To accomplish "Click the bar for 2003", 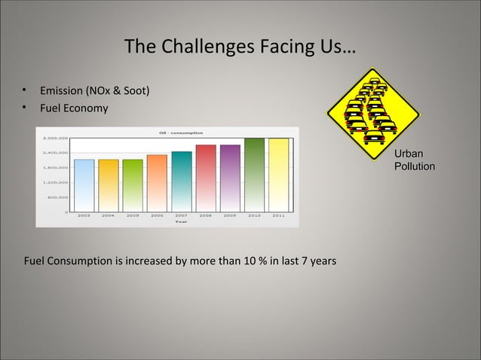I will coord(84,185).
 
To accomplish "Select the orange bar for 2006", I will coord(157,183).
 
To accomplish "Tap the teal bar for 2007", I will coord(182,182).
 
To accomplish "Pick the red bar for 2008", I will coord(206,178).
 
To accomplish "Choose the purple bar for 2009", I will coord(230,178).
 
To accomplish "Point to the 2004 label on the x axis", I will coord(109,215).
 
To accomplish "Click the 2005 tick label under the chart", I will coord(133,215).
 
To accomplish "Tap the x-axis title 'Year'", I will coord(181,222).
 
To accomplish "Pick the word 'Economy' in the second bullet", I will coord(90,108).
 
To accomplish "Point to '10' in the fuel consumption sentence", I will coord(245,261).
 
